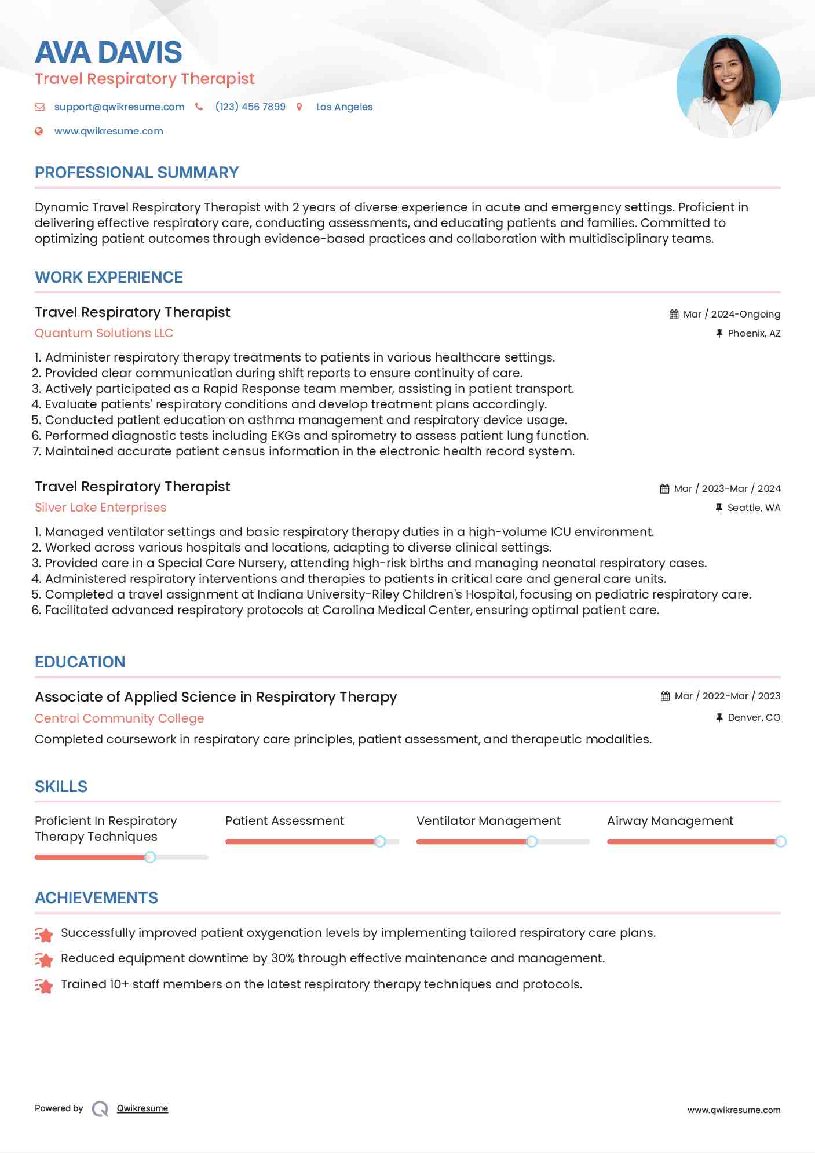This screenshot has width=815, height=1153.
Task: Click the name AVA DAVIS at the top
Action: tap(108, 52)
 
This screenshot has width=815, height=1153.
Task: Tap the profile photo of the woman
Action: tap(728, 87)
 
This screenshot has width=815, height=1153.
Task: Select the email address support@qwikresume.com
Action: tap(119, 107)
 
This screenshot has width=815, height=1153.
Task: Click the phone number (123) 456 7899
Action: tap(250, 107)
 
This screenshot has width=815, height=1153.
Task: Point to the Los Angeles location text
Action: tap(344, 107)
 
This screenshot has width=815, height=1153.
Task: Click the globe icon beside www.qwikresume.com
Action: tap(39, 132)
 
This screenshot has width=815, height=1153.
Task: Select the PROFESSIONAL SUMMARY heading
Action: tap(137, 173)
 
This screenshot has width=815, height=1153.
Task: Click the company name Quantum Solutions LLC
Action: tap(104, 333)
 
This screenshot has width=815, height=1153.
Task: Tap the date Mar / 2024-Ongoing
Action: tap(732, 314)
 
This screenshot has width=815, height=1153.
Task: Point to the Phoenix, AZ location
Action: tap(754, 333)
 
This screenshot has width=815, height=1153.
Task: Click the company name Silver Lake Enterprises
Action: tap(100, 508)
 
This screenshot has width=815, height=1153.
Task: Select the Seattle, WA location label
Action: tap(754, 508)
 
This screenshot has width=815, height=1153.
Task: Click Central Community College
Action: tap(119, 718)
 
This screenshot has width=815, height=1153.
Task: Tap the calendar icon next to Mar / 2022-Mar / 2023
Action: tap(665, 696)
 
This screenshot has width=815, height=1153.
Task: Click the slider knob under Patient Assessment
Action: tap(380, 841)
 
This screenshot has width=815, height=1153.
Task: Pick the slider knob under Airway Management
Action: tap(780, 841)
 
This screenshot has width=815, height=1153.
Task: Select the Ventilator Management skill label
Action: tap(488, 821)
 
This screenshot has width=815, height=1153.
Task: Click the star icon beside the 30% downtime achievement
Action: tap(44, 959)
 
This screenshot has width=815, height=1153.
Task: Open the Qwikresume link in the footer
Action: tap(142, 1108)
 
